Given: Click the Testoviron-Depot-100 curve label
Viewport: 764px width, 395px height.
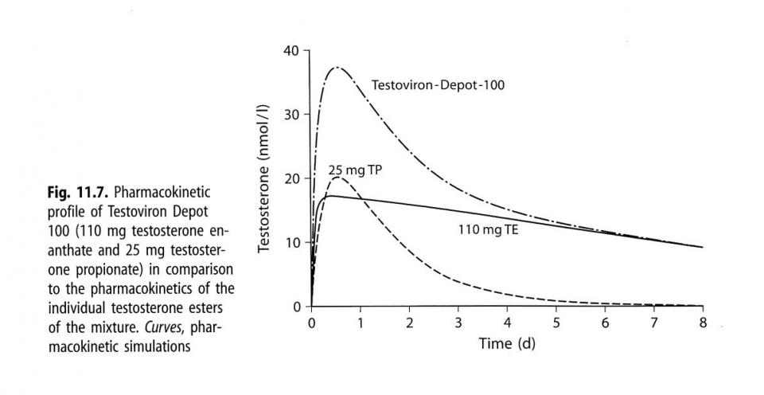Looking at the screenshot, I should pyautogui.click(x=439, y=84).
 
